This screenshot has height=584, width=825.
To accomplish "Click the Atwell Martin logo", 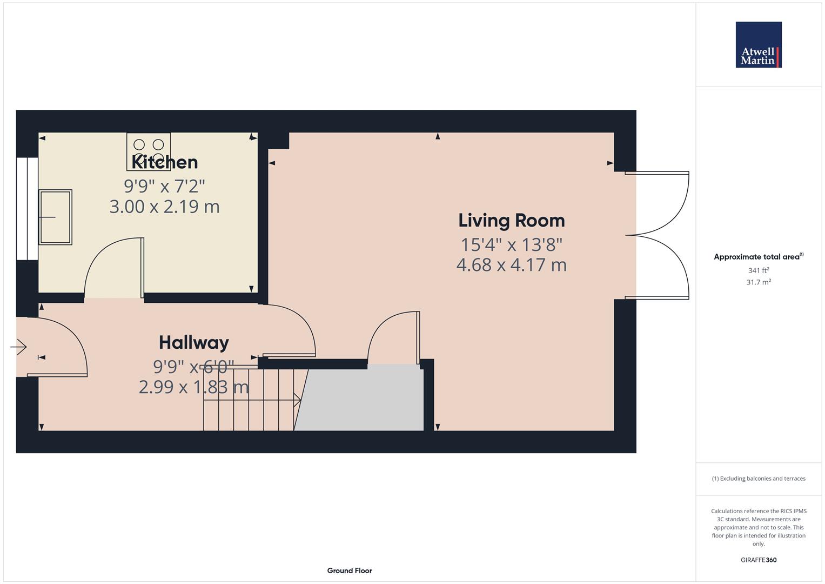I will pos(758,45).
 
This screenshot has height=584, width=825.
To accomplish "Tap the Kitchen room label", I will pos(165,162).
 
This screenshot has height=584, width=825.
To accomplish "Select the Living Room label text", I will pos(511,220).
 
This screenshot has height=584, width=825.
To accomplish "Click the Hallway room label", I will pos(193,342).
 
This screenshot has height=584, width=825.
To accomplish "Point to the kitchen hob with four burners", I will pos(149,151).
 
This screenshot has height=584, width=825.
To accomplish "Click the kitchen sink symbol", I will pos(55,217).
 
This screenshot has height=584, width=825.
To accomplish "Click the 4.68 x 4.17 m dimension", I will pos(511,265).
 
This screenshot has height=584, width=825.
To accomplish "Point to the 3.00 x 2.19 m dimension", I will pos(164,207).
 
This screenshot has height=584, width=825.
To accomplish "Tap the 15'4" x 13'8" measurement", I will pos(511,244).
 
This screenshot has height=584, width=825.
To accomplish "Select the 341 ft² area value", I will pos(758,270).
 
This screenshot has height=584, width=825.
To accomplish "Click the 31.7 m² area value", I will pos(758,282).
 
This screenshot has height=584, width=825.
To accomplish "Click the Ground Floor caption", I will pos(349,570).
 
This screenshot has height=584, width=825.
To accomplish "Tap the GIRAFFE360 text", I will pos(758,560).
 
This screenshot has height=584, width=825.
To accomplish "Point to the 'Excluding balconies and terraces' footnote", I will pos(758,479).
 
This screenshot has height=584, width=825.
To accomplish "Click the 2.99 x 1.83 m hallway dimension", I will pos(193,387).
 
